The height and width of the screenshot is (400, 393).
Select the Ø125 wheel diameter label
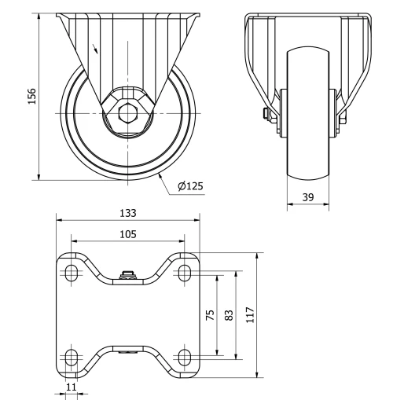click(x=190, y=185)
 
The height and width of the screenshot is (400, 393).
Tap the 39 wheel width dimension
click(x=308, y=198)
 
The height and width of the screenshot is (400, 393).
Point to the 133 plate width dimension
click(x=128, y=213)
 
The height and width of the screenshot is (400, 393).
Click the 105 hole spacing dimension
click(x=128, y=233)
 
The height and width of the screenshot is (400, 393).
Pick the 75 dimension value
click(x=210, y=314)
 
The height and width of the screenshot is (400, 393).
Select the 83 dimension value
click(x=229, y=314)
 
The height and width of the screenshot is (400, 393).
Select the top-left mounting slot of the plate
click(x=72, y=273)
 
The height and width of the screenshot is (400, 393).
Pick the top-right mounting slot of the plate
click(x=185, y=273)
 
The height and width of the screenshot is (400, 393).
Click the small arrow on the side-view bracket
click(x=96, y=50)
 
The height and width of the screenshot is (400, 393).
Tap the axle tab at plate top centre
click(x=128, y=274)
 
